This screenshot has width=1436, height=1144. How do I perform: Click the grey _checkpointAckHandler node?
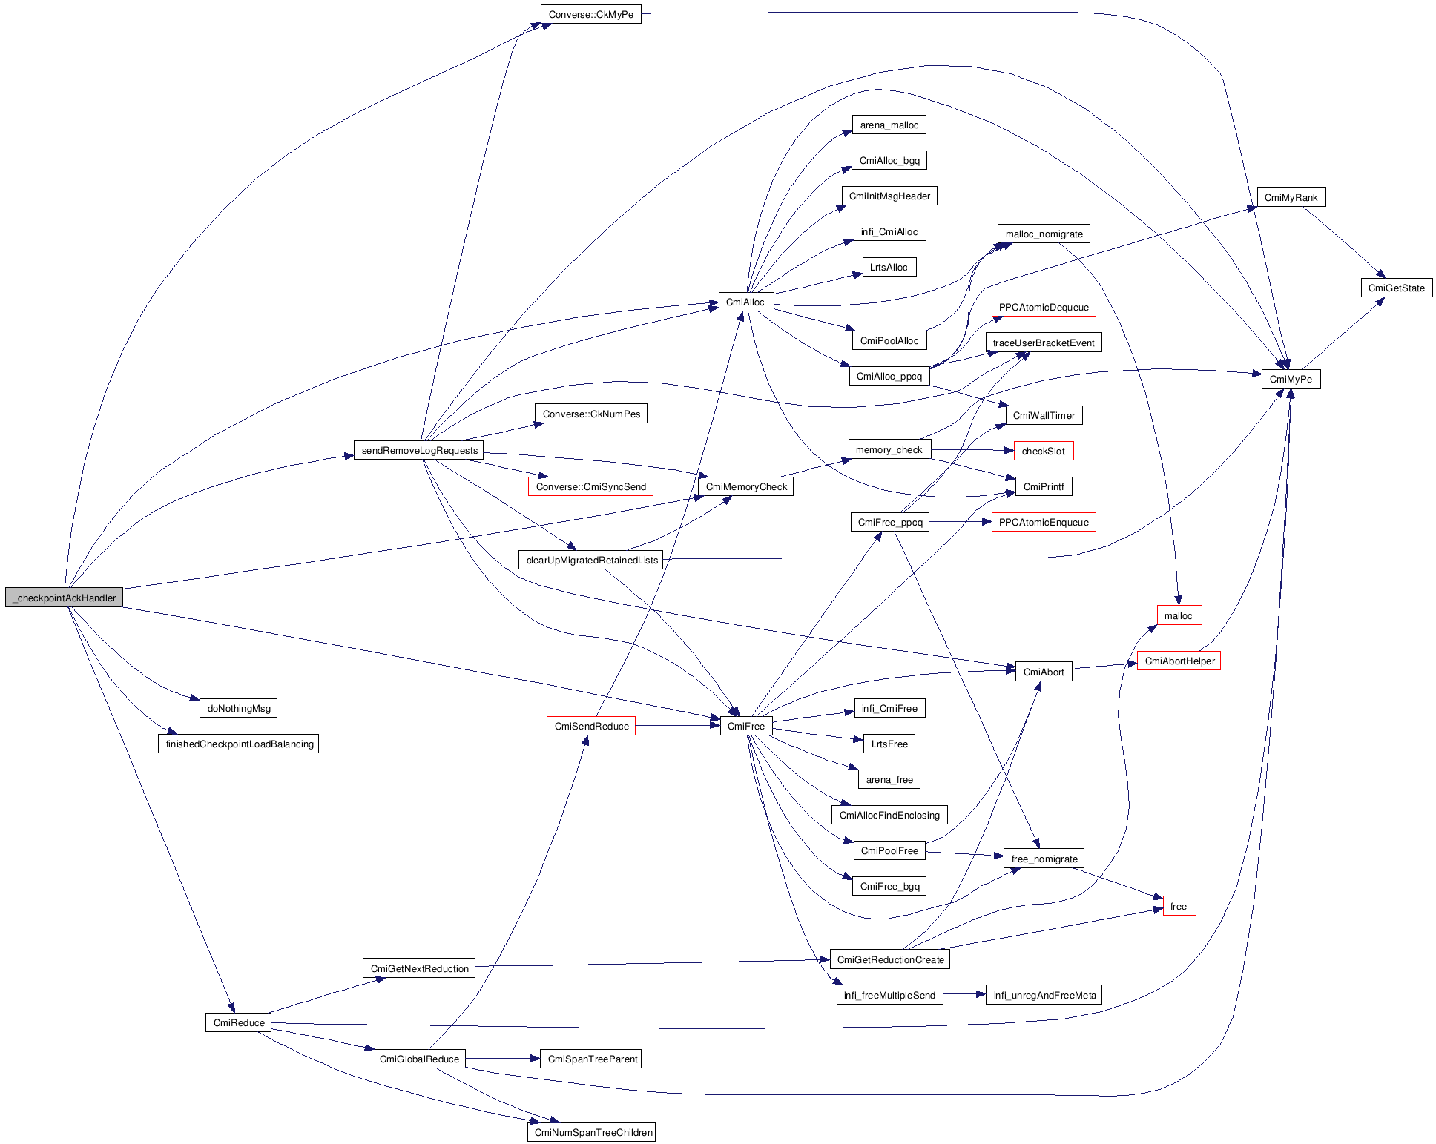tap(65, 598)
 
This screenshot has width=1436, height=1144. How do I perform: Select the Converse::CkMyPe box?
tap(590, 14)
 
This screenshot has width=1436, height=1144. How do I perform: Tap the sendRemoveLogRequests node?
tap(419, 450)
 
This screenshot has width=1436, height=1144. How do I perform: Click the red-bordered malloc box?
tap(1178, 615)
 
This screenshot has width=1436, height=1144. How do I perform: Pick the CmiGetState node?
tap(1396, 288)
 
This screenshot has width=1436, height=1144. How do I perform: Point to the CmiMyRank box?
tap(1291, 197)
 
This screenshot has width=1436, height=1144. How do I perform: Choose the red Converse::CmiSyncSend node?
tap(590, 486)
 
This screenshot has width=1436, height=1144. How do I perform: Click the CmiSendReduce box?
tap(591, 726)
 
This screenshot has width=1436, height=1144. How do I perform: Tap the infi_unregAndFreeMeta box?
tap(1044, 995)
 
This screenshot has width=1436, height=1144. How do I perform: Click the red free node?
tap(1178, 906)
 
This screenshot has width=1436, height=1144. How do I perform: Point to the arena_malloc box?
tap(889, 125)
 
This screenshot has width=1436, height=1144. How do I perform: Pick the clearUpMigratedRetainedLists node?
tap(591, 560)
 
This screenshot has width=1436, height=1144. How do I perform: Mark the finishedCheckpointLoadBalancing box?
tap(239, 744)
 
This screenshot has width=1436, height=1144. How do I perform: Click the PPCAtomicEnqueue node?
tap(1043, 522)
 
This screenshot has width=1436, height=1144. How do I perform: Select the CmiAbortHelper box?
tap(1179, 661)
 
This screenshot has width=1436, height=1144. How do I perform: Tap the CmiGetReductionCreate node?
tap(890, 959)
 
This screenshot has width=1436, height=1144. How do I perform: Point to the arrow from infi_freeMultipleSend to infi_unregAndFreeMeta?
tap(964, 994)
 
